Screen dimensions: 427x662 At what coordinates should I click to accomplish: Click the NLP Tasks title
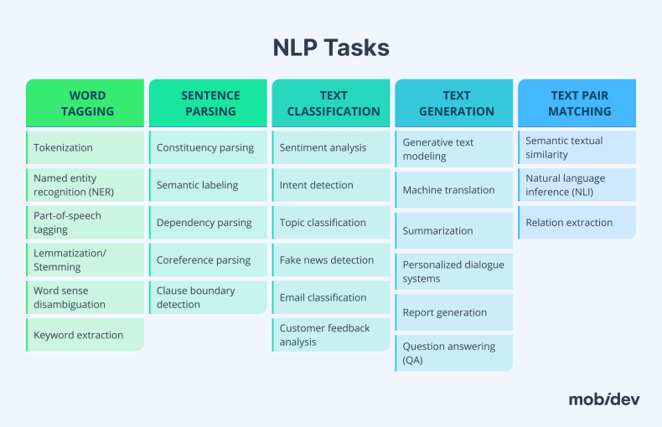[331, 48]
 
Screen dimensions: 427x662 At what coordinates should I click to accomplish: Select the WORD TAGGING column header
[87, 103]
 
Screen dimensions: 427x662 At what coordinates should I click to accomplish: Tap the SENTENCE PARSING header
[209, 103]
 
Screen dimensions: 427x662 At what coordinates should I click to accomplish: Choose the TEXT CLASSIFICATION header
[333, 103]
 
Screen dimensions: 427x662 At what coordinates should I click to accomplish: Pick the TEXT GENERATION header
[456, 103]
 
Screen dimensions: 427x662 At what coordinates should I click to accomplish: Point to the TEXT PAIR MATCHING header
[580, 103]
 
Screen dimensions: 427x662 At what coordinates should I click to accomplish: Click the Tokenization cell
[85, 147]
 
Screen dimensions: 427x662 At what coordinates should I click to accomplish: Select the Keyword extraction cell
[85, 335]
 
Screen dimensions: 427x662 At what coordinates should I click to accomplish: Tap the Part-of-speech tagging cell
[85, 223]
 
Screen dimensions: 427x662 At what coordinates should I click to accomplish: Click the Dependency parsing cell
[209, 223]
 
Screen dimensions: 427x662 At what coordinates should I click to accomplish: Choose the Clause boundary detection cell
[209, 297]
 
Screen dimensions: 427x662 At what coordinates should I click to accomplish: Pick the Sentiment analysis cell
[332, 147]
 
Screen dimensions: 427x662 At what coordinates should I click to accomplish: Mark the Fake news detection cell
[332, 260]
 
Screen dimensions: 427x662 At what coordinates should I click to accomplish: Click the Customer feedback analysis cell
[332, 335]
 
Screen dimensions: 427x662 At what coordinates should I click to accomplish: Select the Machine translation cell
[454, 190]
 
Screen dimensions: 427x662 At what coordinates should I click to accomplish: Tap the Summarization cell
[454, 230]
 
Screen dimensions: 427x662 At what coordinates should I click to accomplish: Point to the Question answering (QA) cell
[454, 352]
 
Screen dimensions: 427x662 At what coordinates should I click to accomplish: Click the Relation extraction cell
[577, 223]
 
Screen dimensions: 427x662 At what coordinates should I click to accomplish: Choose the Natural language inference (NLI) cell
[577, 185]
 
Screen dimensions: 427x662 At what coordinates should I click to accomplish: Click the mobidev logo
[603, 399]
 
